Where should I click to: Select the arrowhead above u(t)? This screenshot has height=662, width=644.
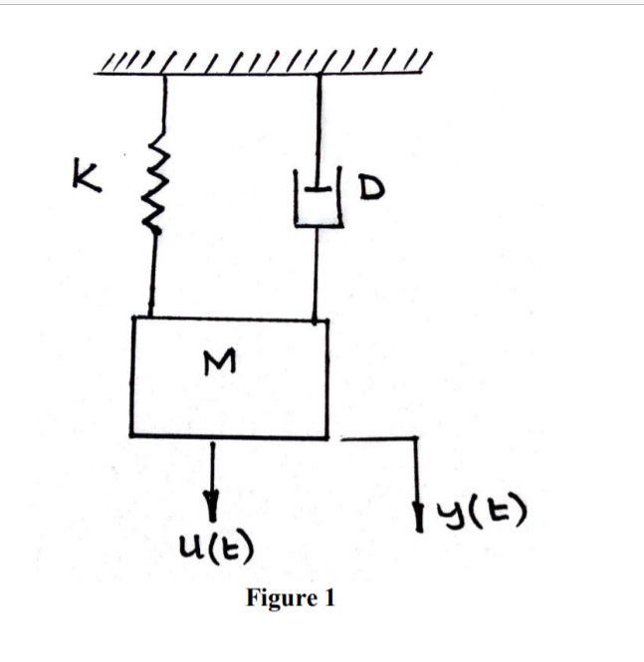click(x=212, y=494)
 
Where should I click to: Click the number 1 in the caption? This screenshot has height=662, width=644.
click(x=329, y=599)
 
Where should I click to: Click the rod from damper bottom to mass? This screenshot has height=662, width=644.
click(x=317, y=274)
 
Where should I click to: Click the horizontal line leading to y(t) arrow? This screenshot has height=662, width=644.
click(x=378, y=436)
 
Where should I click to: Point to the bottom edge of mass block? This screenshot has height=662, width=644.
click(x=229, y=436)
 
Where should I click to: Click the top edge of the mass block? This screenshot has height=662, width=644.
click(x=229, y=319)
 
